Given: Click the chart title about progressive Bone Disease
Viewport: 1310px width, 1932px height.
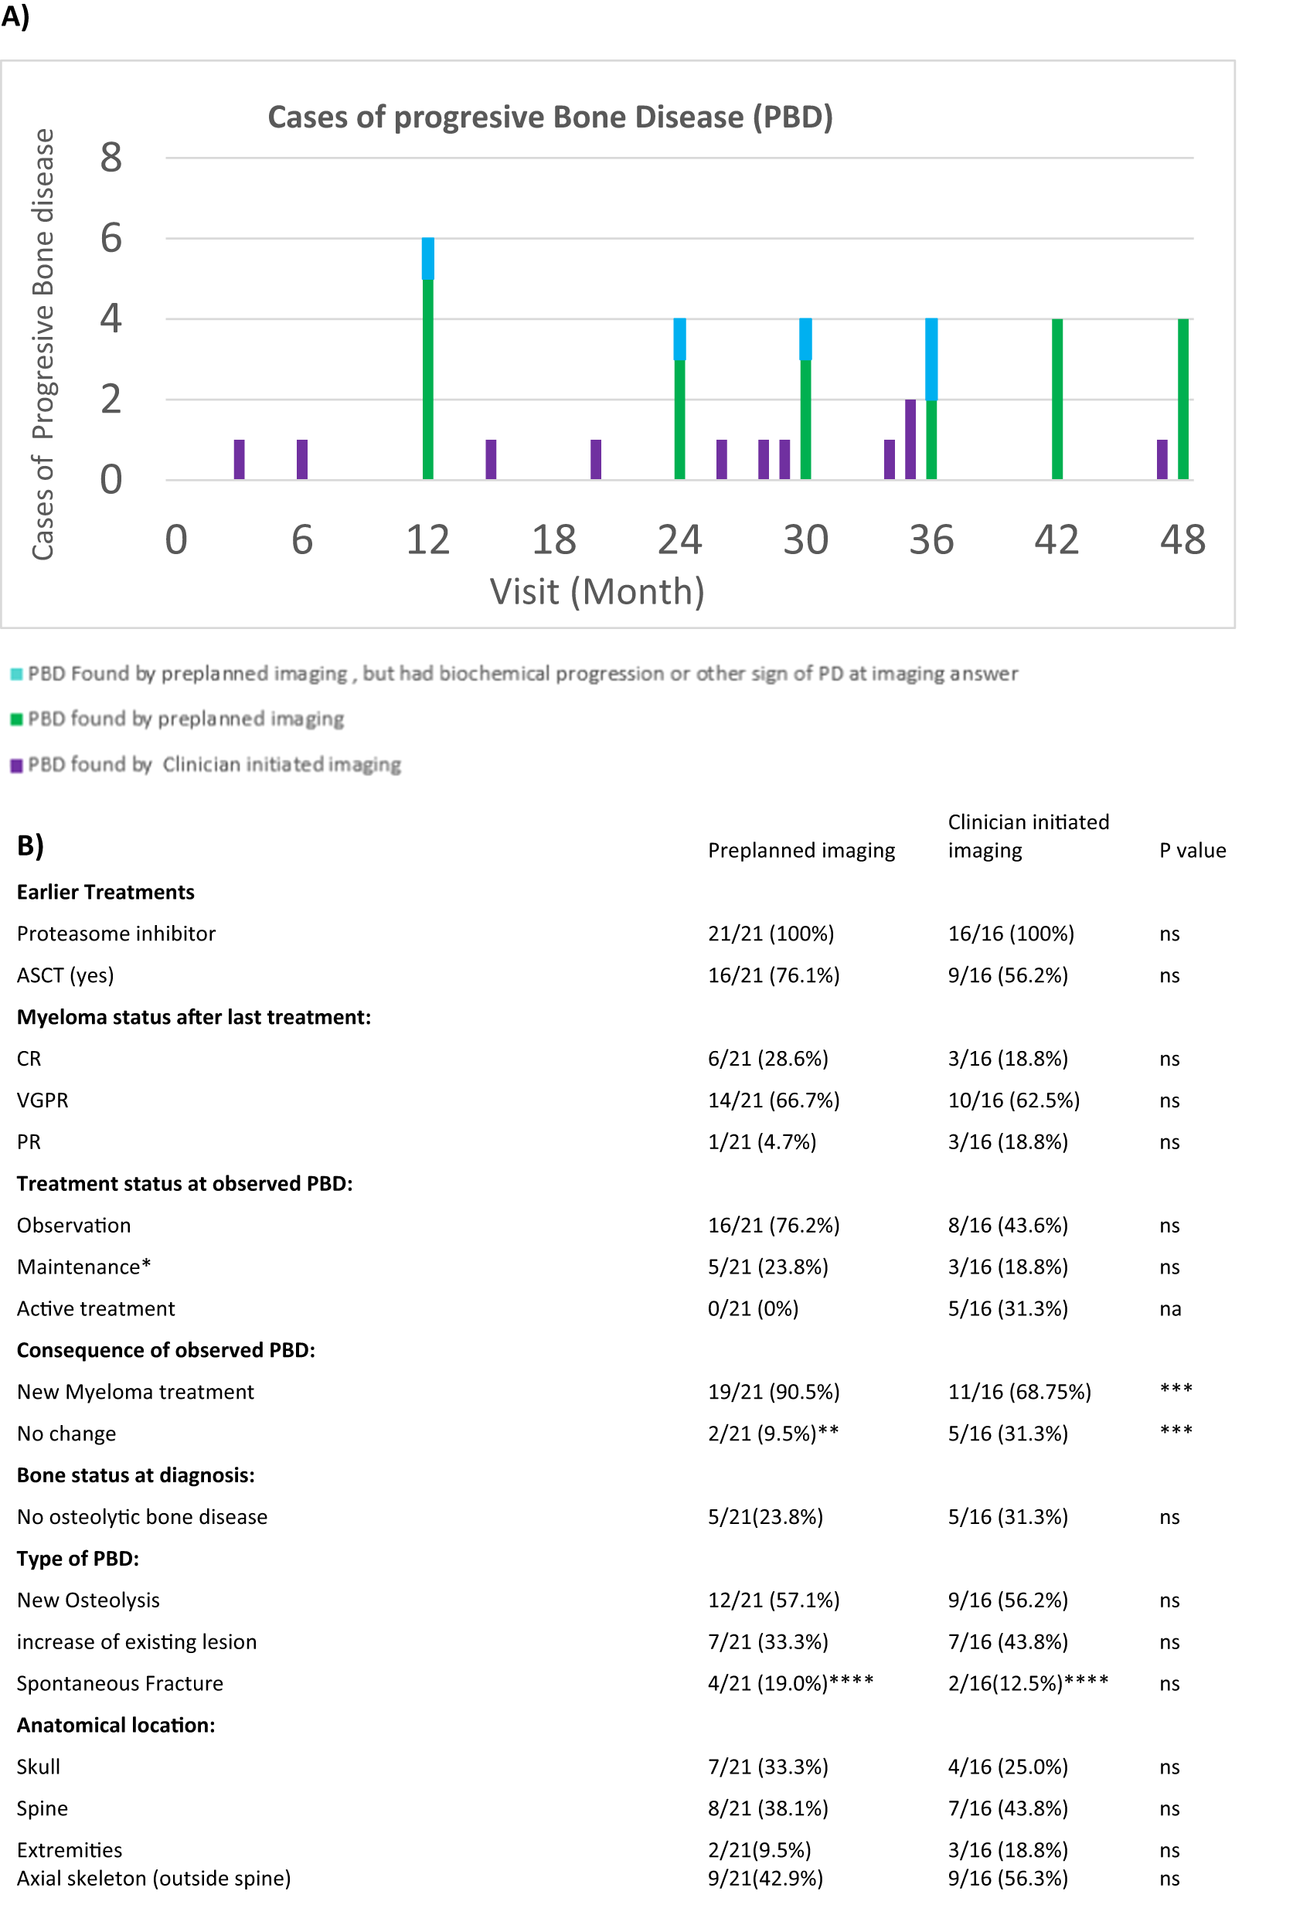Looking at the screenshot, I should click(x=550, y=117).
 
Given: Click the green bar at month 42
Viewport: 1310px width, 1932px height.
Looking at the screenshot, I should click(x=1057, y=399).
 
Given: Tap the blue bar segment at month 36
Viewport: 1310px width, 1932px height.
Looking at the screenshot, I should click(x=931, y=359).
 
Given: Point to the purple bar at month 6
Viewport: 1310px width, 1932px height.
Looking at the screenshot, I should click(x=301, y=459).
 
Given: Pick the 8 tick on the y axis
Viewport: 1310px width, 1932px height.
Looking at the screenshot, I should click(x=111, y=157).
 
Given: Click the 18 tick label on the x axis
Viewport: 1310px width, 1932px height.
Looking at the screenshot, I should click(x=553, y=539).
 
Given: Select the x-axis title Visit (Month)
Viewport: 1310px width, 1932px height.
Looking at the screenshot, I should click(x=597, y=592).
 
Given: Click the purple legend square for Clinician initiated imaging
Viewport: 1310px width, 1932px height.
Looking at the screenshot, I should click(x=15, y=766).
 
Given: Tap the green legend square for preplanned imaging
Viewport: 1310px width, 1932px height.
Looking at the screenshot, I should click(x=15, y=719).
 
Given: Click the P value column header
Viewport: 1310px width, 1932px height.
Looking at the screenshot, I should click(x=1192, y=850).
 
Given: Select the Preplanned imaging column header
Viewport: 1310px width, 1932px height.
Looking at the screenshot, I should click(x=801, y=850).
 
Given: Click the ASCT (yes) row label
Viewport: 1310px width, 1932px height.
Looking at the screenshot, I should click(x=65, y=975).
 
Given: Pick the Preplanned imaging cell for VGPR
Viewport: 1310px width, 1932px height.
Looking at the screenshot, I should click(x=773, y=1100).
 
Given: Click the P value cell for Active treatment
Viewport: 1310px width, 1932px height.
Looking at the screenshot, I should click(x=1169, y=1308).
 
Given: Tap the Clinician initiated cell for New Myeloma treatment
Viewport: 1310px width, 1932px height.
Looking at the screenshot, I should click(x=1019, y=1392).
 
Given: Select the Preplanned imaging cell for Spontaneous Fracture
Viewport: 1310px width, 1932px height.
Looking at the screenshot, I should click(x=790, y=1683).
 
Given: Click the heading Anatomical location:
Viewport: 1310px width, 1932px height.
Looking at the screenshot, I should click(x=115, y=1725).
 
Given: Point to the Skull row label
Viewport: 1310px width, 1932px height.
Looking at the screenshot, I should click(x=38, y=1767).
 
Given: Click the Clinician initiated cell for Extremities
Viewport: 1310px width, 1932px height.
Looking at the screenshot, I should click(x=1008, y=1850).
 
